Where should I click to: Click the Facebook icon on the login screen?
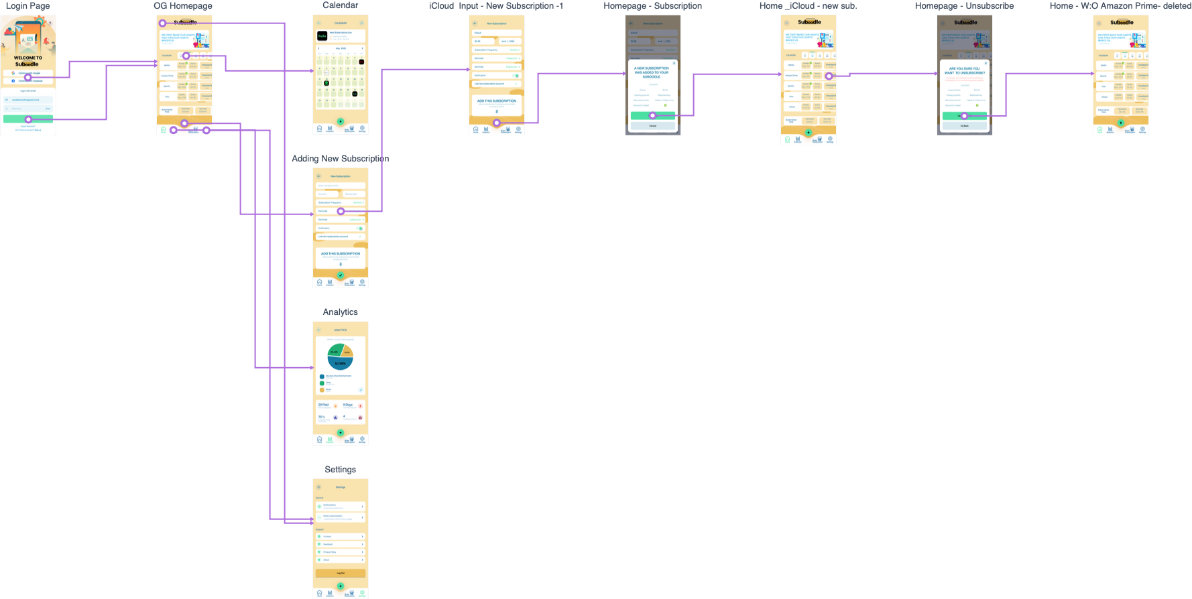point(13,81)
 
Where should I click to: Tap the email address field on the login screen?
point(28,100)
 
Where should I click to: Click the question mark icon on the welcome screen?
point(50,23)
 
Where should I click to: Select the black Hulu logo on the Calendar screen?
point(322,36)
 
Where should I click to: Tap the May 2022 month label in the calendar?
point(341,48)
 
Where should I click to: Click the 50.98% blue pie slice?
point(341,363)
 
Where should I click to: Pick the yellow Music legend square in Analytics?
point(322,390)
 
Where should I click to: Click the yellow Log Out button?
point(341,574)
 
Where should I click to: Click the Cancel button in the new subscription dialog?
point(652,126)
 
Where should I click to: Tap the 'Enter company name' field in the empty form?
point(341,186)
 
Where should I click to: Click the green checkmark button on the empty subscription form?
point(341,275)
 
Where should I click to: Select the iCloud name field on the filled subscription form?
point(496,33)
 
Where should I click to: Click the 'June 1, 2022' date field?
point(508,42)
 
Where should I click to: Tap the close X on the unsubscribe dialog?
point(986,63)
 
